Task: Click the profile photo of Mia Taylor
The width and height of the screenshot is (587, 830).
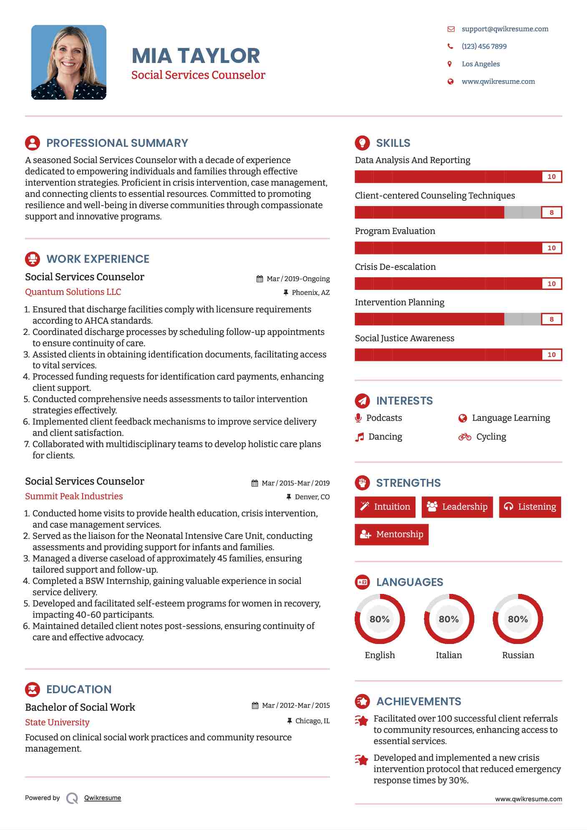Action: (69, 63)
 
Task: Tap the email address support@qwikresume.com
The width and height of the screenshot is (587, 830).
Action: (505, 29)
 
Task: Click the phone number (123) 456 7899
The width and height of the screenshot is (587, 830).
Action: (484, 46)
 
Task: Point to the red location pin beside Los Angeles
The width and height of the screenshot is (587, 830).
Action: (450, 64)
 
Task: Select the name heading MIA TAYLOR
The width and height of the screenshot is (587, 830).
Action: (196, 56)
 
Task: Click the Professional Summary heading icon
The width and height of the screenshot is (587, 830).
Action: (33, 143)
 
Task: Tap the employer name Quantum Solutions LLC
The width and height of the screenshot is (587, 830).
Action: (73, 292)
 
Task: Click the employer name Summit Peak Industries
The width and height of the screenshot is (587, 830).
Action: (74, 496)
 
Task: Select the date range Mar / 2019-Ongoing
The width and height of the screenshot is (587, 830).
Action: (298, 279)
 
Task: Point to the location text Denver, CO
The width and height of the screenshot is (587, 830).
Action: (312, 497)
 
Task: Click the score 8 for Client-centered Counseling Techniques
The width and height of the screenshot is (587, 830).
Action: (552, 212)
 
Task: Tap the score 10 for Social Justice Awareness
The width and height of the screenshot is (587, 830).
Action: (552, 355)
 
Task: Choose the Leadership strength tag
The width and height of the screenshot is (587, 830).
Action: (457, 507)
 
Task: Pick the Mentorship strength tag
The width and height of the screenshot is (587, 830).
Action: (391, 534)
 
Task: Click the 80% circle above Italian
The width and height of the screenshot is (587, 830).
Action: (449, 619)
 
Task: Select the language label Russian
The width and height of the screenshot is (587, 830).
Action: (518, 655)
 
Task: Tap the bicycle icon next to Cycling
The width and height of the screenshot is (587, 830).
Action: (465, 437)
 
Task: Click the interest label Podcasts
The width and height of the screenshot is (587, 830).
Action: (384, 418)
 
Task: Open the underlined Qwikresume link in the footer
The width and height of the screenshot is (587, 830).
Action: (103, 798)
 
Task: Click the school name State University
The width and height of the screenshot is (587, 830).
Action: (57, 722)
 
